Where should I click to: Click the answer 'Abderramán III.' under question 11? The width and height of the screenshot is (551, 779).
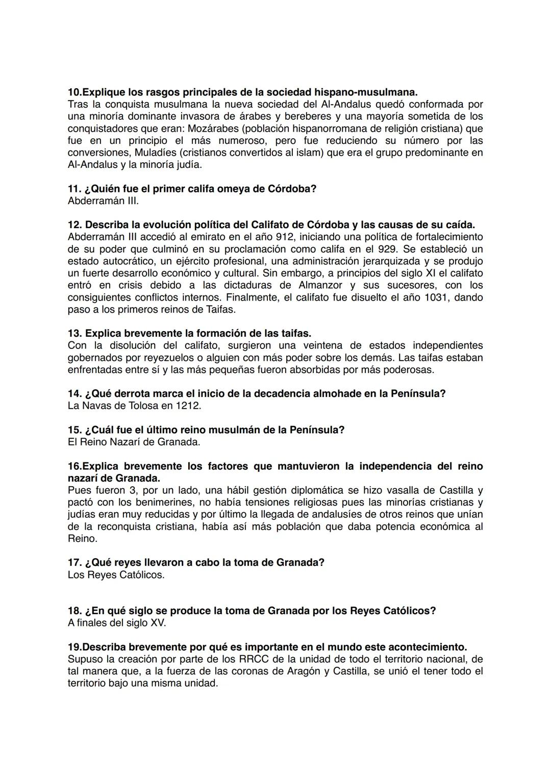pyautogui.click(x=103, y=201)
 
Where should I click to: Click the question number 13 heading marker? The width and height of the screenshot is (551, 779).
pyautogui.click(x=74, y=334)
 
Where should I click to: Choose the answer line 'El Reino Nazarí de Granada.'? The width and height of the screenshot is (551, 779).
pyautogui.click(x=134, y=442)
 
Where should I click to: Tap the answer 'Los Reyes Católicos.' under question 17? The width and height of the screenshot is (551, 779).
pyautogui.click(x=116, y=575)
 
